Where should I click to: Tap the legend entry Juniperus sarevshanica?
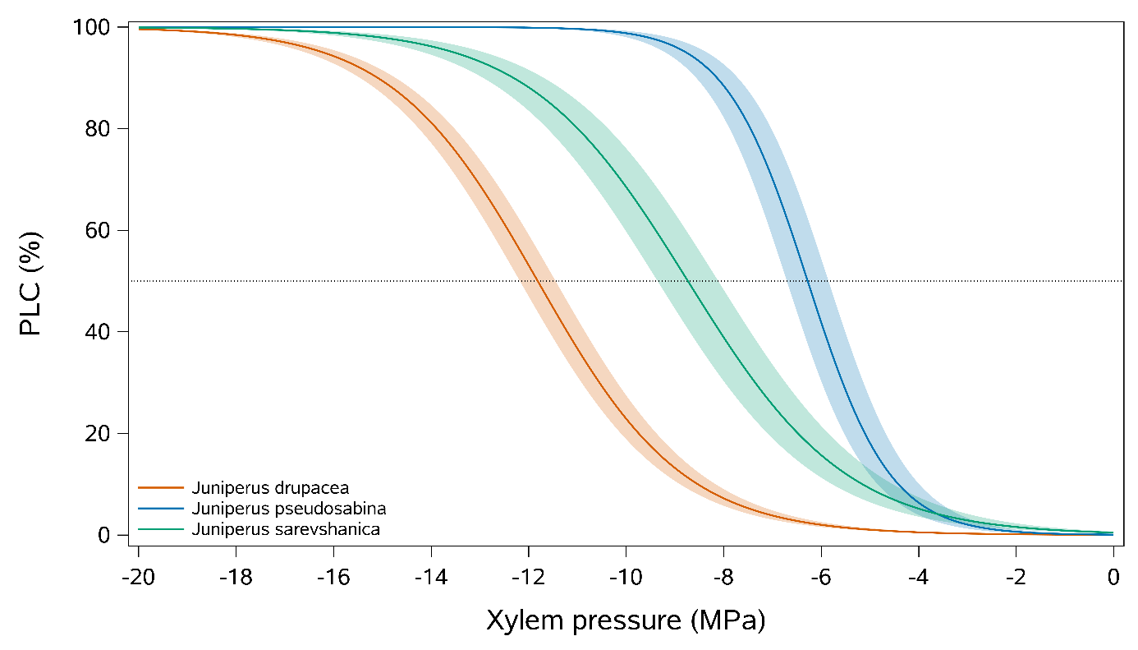[x=285, y=529]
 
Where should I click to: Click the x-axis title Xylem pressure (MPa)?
[x=626, y=620]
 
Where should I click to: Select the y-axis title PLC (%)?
[x=30, y=281]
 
